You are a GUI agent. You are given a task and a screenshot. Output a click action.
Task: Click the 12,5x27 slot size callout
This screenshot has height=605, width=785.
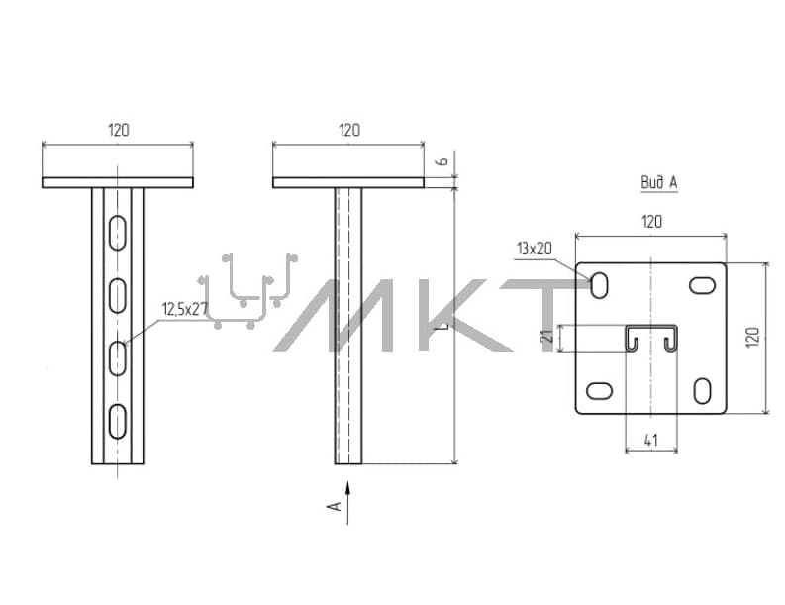pos(184,309)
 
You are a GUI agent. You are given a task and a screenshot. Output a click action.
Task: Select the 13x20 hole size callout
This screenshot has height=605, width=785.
pos(535,249)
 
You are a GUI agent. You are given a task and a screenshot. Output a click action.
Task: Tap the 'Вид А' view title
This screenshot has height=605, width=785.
pos(659,182)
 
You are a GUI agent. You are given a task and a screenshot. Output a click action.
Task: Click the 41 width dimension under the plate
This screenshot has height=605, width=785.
pos(650,441)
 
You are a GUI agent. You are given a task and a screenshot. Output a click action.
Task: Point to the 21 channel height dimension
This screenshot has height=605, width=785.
pos(547,336)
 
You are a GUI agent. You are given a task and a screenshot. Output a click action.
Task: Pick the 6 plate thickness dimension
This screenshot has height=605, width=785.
pos(442,161)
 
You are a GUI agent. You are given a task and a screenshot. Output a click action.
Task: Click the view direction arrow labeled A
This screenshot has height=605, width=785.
pos(347,503)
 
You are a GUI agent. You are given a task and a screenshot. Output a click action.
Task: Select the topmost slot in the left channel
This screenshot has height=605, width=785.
pos(118,233)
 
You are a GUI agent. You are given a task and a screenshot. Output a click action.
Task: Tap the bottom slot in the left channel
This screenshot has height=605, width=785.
pos(118,421)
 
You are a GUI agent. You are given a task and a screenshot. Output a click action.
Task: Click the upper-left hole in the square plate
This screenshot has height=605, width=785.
pos(599,285)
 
